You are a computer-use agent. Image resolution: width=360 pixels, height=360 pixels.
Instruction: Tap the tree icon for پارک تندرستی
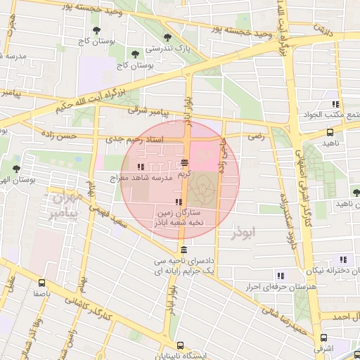pyautogui.click(x=167, y=38)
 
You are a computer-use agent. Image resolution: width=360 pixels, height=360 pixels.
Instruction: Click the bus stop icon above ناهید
pyautogui.click(x=330, y=131)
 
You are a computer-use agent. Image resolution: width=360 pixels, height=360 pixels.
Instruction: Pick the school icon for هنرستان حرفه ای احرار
pyautogui.click(x=281, y=276)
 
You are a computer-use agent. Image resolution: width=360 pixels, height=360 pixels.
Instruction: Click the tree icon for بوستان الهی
pyautogui.click(x=16, y=169)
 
